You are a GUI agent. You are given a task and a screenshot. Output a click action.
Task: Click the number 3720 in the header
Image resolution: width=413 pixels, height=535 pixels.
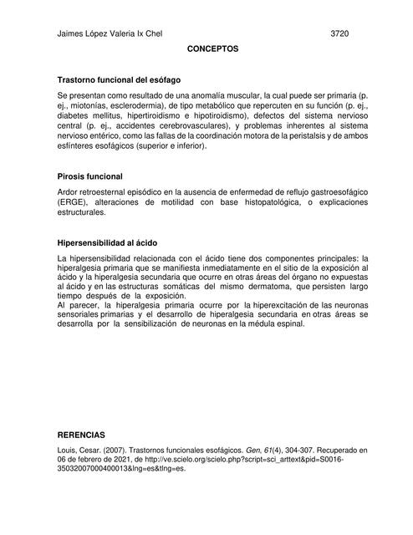339,34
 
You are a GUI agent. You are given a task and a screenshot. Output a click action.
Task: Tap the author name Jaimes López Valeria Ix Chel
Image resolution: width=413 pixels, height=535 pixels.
108,34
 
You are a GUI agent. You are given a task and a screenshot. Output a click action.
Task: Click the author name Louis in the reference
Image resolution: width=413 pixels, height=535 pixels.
67,450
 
